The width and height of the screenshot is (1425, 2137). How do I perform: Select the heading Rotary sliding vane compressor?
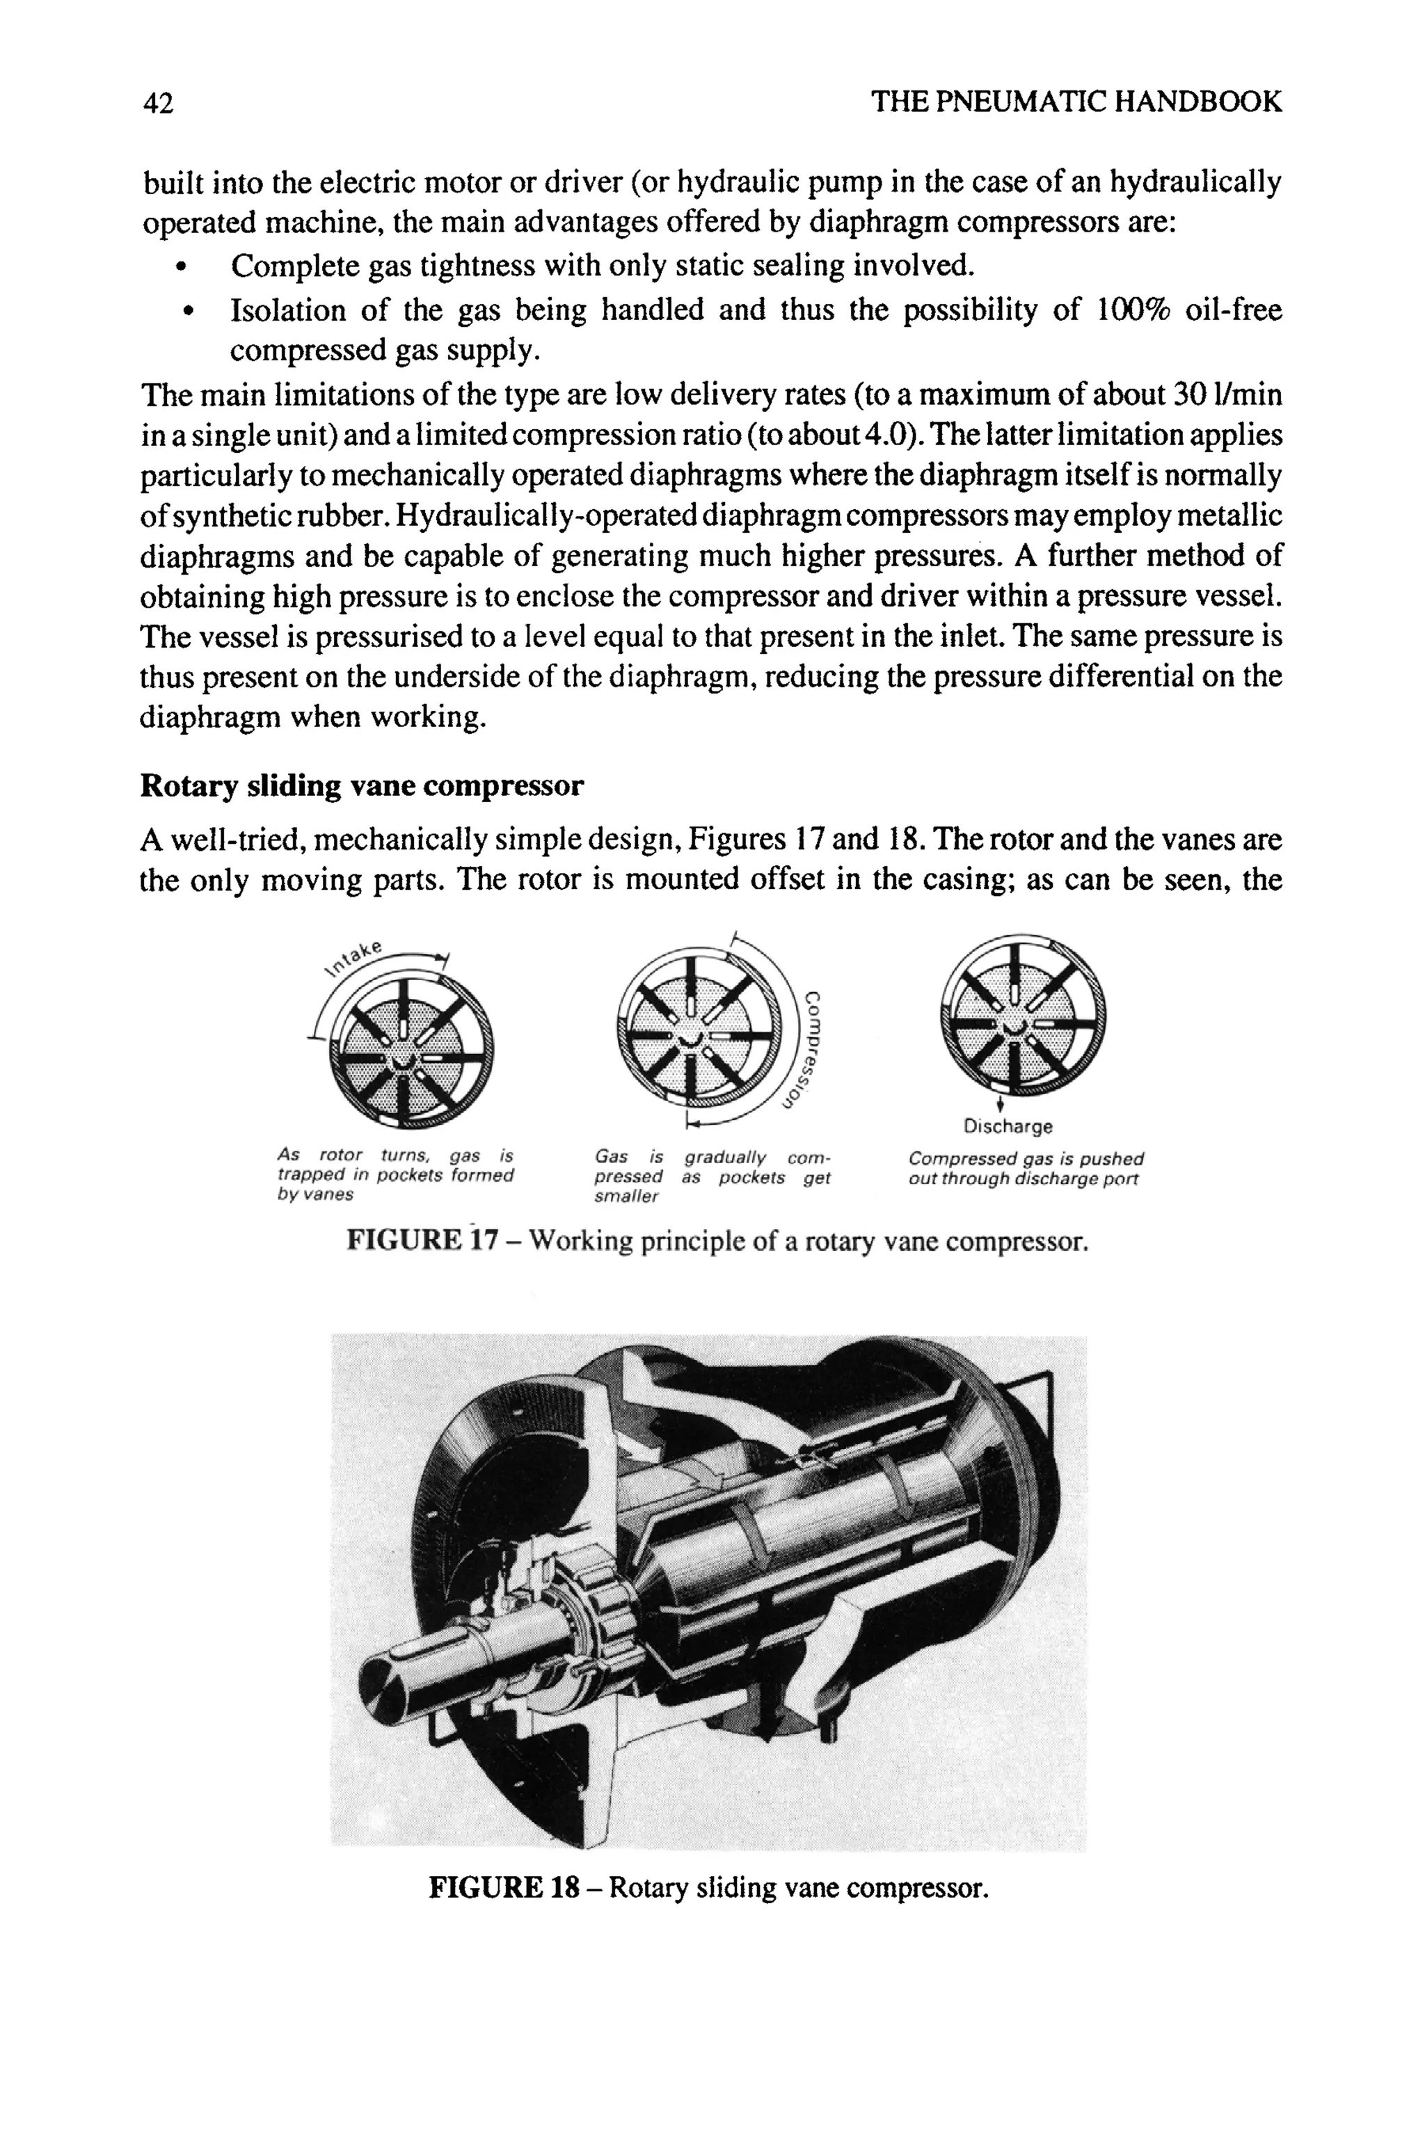coord(362,786)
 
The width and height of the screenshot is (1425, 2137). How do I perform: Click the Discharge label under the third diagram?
coord(1008,1127)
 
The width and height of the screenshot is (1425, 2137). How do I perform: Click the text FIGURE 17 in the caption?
coord(422,1241)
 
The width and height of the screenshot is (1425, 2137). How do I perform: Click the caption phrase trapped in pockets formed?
coord(395,1176)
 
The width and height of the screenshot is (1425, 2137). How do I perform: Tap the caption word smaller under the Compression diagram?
coord(626,1197)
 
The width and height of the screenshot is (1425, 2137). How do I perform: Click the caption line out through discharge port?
coord(1022,1179)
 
